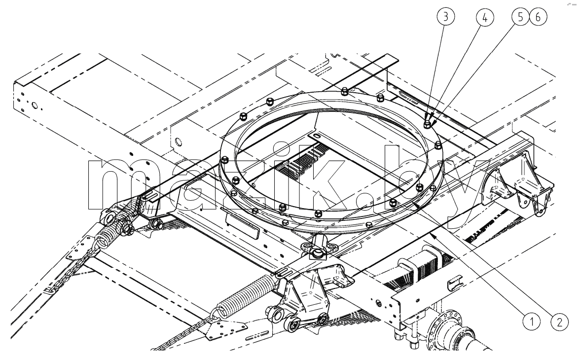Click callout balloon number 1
coord(532,322)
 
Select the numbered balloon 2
coord(559,322)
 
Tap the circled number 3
coord(446,17)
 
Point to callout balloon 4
coord(484,17)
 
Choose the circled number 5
coord(520,17)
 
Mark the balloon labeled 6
coord(538,17)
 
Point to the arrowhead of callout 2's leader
coord(415,204)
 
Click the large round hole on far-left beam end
coord(34,106)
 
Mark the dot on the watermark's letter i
coord(284,149)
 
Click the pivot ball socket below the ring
coord(317,254)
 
